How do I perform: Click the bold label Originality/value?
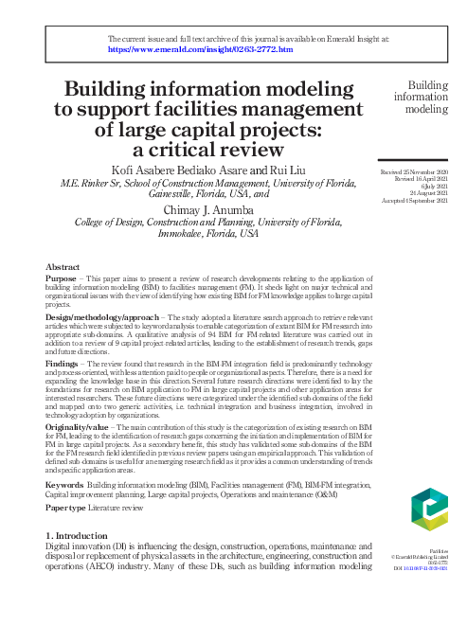[x=79, y=428]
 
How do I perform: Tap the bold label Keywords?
[x=64, y=484]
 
